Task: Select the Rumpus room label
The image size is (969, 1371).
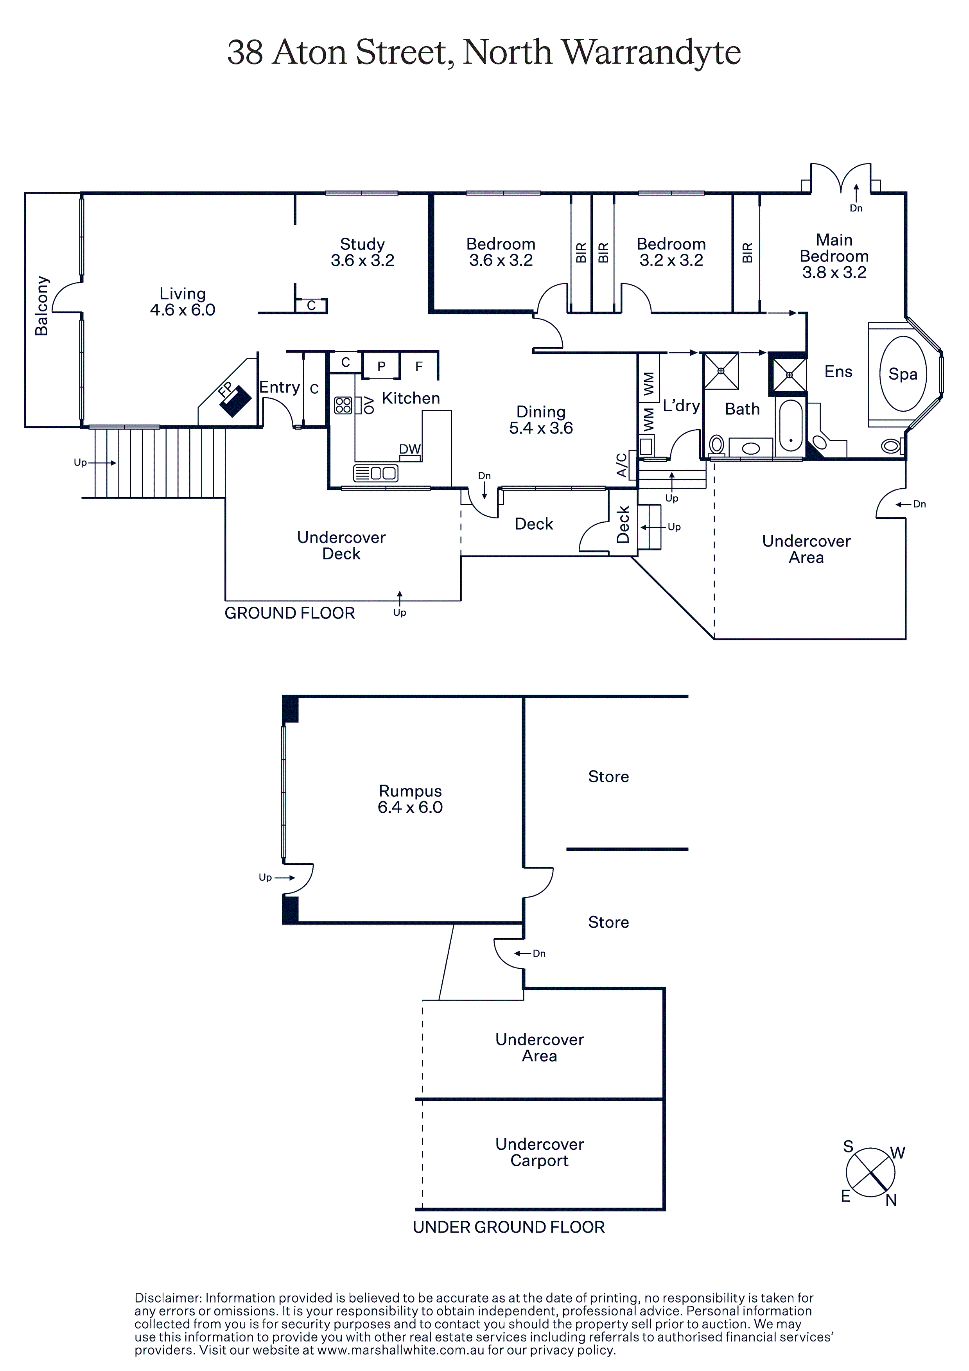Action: click(x=411, y=791)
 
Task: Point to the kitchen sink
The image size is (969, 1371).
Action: click(x=376, y=473)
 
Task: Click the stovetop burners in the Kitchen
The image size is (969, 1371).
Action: click(x=343, y=405)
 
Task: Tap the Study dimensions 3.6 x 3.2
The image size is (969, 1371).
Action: click(x=362, y=260)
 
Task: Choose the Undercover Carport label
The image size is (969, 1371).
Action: click(x=540, y=1152)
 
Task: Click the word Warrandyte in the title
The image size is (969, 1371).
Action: click(x=652, y=52)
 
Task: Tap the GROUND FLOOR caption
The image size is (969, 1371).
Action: click(x=290, y=613)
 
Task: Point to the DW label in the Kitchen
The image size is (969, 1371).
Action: click(x=410, y=449)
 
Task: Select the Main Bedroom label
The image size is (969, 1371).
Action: click(x=834, y=248)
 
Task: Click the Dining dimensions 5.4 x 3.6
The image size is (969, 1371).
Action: click(x=541, y=428)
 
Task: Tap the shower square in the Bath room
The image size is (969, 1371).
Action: click(x=721, y=371)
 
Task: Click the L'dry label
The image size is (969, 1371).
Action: click(x=681, y=406)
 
